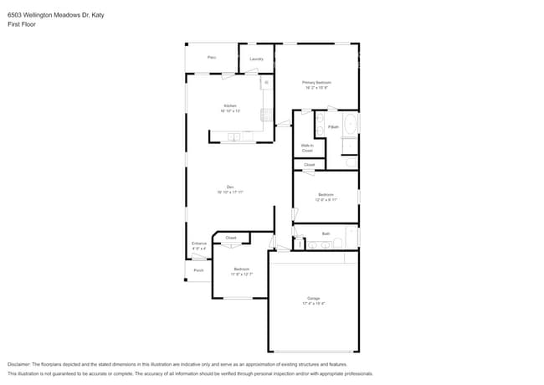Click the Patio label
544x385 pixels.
(x=212, y=58)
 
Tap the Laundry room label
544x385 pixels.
(x=257, y=59)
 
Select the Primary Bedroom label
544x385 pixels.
(x=317, y=82)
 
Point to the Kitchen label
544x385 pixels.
(x=229, y=106)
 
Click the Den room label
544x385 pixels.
(x=229, y=187)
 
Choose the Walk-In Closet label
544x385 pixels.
(x=307, y=147)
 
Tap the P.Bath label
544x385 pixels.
(x=333, y=126)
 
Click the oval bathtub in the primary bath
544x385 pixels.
(x=351, y=124)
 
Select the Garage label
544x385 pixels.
(x=313, y=298)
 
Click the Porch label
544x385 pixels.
(x=198, y=270)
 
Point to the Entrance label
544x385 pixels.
(x=198, y=244)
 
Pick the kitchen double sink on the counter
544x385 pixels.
(x=235, y=136)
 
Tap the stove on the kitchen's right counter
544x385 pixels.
(x=267, y=116)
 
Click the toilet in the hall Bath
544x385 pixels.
(x=338, y=243)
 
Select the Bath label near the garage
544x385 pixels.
(x=326, y=234)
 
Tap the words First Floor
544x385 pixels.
(x=22, y=24)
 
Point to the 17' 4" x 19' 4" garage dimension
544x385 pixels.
(x=313, y=303)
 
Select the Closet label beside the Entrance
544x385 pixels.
(x=231, y=238)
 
